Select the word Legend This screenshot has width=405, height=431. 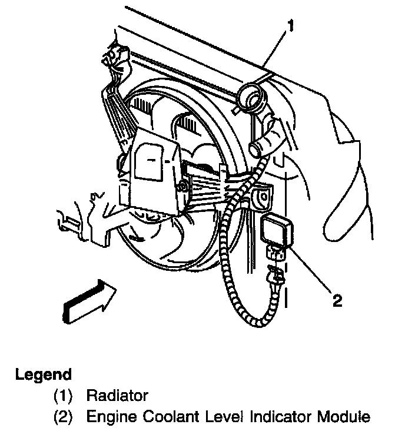click(x=44, y=374)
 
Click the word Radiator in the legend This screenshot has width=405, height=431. click(x=117, y=396)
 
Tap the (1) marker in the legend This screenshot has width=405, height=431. click(x=63, y=396)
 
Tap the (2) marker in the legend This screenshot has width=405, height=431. click(x=63, y=417)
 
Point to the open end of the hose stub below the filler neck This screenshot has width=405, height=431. click(x=255, y=144)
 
